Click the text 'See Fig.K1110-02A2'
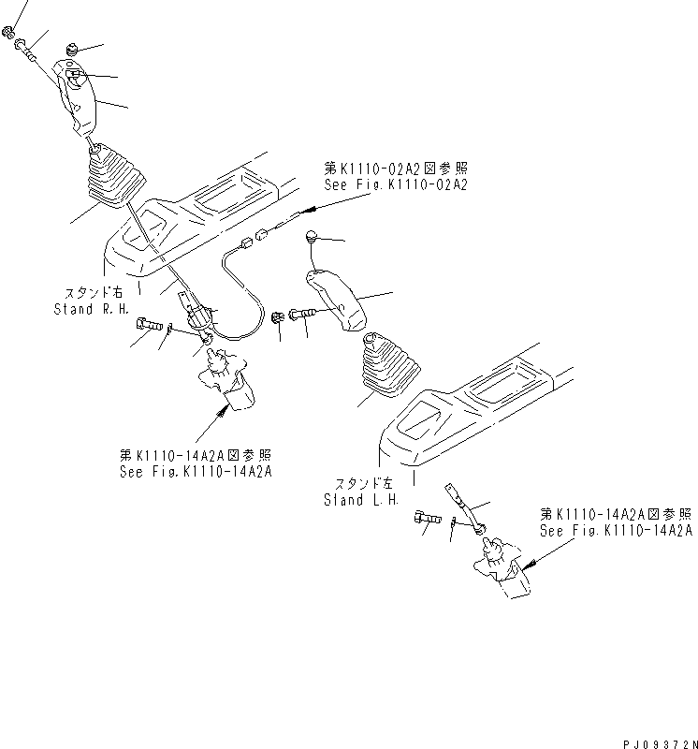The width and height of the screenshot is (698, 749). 395,185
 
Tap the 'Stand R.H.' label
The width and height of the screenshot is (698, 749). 85,309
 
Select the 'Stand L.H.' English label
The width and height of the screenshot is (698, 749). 360,500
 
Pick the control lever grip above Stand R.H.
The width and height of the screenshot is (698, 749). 78,98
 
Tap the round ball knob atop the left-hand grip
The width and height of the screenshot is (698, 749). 312,239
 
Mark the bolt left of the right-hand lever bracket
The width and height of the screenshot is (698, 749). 149,324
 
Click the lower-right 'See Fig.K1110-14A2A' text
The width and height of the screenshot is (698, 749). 616,530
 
